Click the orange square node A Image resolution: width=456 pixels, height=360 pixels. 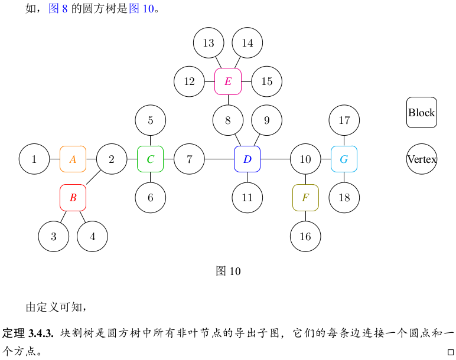click(73, 159)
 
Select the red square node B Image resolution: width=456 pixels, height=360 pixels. click(73, 198)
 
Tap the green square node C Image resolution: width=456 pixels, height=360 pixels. click(151, 159)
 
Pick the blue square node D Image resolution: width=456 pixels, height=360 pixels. click(247, 159)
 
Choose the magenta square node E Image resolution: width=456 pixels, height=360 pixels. click(228, 81)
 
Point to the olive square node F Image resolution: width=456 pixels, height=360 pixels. click(305, 198)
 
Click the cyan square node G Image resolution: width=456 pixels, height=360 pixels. click(344, 159)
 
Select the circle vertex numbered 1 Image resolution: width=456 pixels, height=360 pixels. click(34, 159)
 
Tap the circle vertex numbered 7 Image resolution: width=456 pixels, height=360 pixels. click(190, 159)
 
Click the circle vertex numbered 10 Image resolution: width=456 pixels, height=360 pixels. click(305, 159)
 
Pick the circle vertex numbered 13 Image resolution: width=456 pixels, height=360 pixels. click(209, 42)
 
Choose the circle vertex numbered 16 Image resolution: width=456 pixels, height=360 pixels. click(305, 237)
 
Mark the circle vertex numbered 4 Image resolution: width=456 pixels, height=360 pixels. click(93, 237)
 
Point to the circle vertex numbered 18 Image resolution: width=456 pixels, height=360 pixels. click(344, 198)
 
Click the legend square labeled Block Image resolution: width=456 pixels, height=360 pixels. click(422, 112)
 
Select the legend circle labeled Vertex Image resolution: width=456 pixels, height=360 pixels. click(422, 159)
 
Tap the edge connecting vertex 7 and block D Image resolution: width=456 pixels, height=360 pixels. click(219, 159)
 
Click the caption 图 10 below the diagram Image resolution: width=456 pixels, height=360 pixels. click(229, 271)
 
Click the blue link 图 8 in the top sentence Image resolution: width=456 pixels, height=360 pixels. click(58, 9)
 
